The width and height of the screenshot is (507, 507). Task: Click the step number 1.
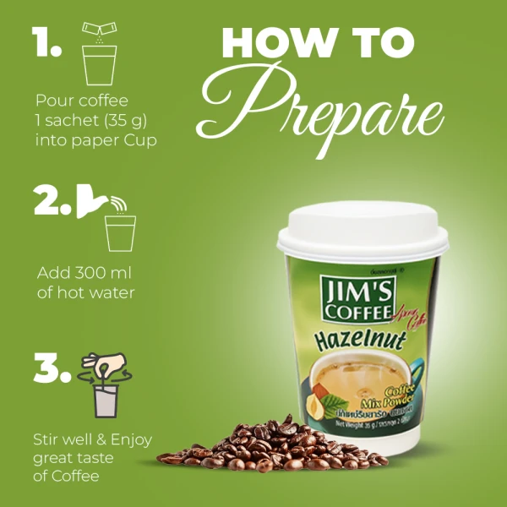pos(45,42)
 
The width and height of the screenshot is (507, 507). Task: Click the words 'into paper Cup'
pos(95,139)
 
